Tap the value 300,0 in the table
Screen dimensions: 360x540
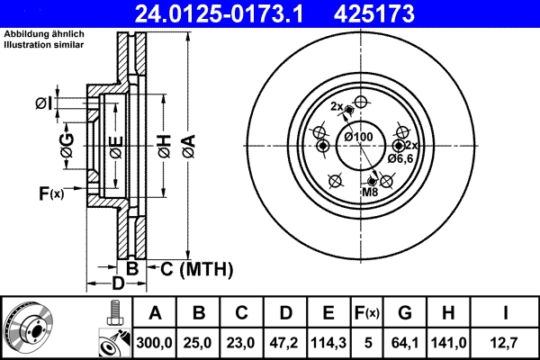coord(155,343)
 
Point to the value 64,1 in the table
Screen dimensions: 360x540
coord(405,343)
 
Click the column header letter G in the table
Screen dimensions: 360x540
coord(405,313)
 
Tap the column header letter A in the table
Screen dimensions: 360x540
coord(155,313)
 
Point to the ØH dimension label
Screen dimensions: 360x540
coord(164,144)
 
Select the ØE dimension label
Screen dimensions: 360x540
coord(114,145)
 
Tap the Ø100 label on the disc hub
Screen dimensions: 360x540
coord(358,136)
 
